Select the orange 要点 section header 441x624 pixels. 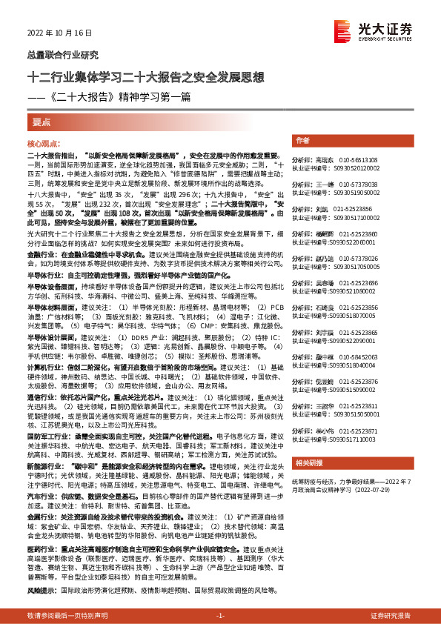coord(39,122)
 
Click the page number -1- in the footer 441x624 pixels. coord(219,617)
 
